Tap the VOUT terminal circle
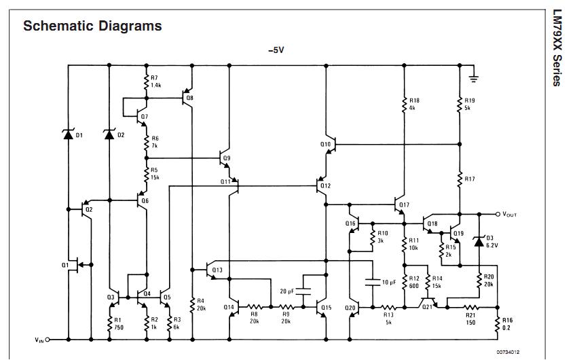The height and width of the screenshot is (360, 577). click(x=498, y=214)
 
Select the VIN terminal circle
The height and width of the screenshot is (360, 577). click(x=47, y=340)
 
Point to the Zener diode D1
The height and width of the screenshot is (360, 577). click(x=68, y=134)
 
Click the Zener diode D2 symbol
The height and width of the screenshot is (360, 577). click(x=109, y=134)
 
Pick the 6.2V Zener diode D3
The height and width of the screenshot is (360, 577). click(x=479, y=242)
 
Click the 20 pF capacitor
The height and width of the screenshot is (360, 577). click(x=303, y=291)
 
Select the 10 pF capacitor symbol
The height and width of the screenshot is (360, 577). click(x=373, y=283)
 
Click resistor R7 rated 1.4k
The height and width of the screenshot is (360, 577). click(x=147, y=82)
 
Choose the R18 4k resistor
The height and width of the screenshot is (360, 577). click(x=404, y=104)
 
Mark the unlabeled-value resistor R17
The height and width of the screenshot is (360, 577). click(x=460, y=179)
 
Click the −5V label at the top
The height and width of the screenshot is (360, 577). click(x=276, y=50)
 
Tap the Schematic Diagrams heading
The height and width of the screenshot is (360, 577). click(x=92, y=26)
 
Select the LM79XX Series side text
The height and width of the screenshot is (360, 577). click(x=557, y=48)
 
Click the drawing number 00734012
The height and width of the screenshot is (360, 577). click(x=508, y=353)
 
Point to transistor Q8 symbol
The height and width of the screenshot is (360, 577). click(x=187, y=98)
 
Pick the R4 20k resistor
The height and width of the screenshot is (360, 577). click(x=192, y=305)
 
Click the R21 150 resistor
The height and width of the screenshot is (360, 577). click(x=470, y=307)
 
